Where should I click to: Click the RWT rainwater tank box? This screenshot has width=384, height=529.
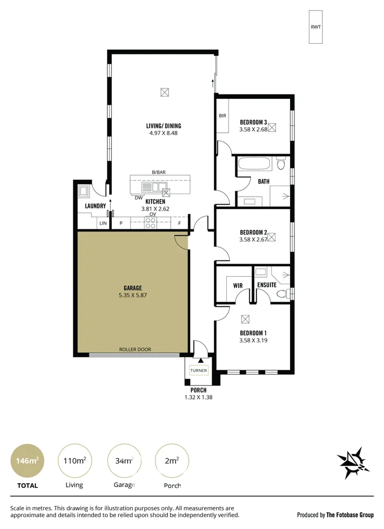(x=315, y=26)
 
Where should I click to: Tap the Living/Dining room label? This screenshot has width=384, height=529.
(x=163, y=126)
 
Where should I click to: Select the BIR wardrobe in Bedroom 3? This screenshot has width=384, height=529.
(x=223, y=116)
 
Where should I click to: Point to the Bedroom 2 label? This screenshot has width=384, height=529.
(x=253, y=231)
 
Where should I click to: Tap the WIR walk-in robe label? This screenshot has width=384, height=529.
(x=238, y=285)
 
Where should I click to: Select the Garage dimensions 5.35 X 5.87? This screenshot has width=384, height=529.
(x=133, y=295)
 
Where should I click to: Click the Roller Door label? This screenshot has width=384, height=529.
(x=135, y=349)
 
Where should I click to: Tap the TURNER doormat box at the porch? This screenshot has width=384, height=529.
(x=199, y=371)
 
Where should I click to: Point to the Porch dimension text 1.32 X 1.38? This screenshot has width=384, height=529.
(x=198, y=397)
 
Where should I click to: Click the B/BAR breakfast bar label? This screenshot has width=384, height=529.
(x=159, y=172)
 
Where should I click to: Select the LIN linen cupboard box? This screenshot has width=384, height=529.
(x=103, y=223)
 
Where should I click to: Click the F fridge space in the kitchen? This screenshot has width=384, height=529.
(x=179, y=223)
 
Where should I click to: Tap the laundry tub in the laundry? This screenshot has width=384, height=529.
(x=85, y=191)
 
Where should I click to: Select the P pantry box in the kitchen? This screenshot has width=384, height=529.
(x=121, y=223)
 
